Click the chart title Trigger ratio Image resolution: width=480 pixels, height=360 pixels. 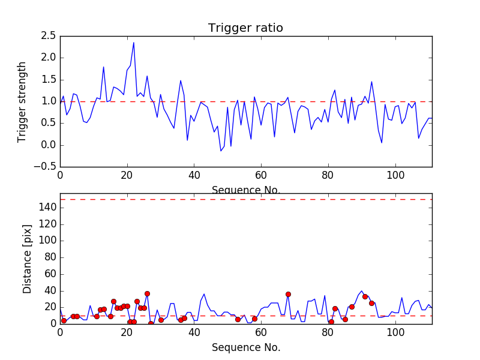(x=245, y=28)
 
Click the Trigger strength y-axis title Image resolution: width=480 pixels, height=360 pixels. (x=22, y=101)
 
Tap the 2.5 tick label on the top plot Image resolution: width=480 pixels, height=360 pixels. (x=49, y=36)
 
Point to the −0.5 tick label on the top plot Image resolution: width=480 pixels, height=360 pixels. (x=46, y=167)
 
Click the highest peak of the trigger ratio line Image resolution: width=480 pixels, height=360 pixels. (x=134, y=42)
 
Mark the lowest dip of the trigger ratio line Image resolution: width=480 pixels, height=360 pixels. (x=221, y=151)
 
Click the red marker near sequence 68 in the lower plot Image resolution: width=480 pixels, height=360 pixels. (x=288, y=294)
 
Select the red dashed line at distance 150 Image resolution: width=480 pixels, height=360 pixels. (x=246, y=199)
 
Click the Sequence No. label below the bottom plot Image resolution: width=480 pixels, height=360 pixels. (x=246, y=347)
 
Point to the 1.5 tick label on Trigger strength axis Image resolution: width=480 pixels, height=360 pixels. (x=49, y=80)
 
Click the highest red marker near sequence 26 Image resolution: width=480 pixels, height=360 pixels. (x=147, y=293)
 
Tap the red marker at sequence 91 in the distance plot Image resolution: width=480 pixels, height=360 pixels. (x=365, y=296)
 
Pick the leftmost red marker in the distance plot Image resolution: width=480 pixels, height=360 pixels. (x=64, y=320)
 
